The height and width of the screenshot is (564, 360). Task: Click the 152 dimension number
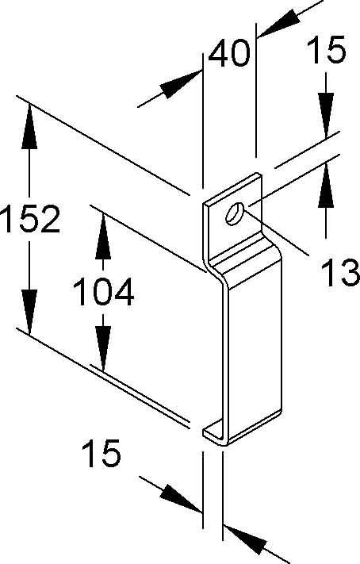tap(30, 219)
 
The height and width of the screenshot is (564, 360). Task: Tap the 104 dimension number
tap(104, 292)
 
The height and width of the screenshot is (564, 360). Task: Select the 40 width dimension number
tap(229, 53)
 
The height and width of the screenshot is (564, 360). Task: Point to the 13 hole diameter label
tap(340, 274)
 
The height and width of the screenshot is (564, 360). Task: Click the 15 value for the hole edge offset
tap(327, 49)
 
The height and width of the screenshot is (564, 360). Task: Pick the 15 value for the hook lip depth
tap(101, 453)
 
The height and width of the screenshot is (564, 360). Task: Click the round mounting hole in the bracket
tap(235, 214)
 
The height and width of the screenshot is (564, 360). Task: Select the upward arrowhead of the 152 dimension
tap(29, 125)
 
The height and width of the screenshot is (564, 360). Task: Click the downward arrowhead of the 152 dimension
tap(29, 312)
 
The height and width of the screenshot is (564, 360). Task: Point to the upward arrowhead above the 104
tap(103, 236)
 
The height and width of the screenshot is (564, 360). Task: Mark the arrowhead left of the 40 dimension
tap(181, 84)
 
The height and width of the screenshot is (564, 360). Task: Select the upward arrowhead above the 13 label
tap(326, 185)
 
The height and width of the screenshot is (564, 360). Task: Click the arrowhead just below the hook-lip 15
tap(181, 498)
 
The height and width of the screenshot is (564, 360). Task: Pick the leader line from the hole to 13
tap(276, 232)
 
